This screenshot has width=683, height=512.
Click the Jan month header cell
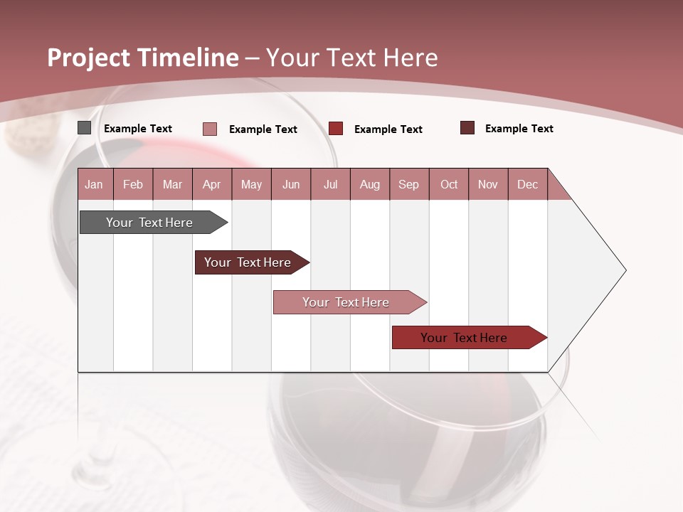pos(95,185)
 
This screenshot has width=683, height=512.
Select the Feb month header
pos(133,185)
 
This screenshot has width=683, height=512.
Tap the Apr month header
pos(212,185)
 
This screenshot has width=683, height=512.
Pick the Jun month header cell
pos(291,185)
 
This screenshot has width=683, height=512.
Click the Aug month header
pos(370,185)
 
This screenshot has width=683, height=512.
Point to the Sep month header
pos(409,185)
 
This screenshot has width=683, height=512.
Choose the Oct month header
pos(449,185)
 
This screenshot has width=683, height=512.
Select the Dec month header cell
pos(528,185)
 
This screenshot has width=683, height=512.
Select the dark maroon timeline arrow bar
pos(249,262)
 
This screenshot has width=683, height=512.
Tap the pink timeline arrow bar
pos(347,302)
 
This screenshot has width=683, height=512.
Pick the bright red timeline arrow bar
pos(466,338)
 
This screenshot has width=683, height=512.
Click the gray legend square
pos(84,128)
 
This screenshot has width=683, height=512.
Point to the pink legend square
pos(210,129)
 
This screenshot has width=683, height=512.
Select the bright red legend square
pos(336,128)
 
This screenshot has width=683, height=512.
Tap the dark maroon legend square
pos(467,128)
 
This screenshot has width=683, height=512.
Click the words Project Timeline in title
pos(143,58)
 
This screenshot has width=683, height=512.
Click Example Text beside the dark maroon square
pos(519,129)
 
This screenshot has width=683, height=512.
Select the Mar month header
pos(172,185)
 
